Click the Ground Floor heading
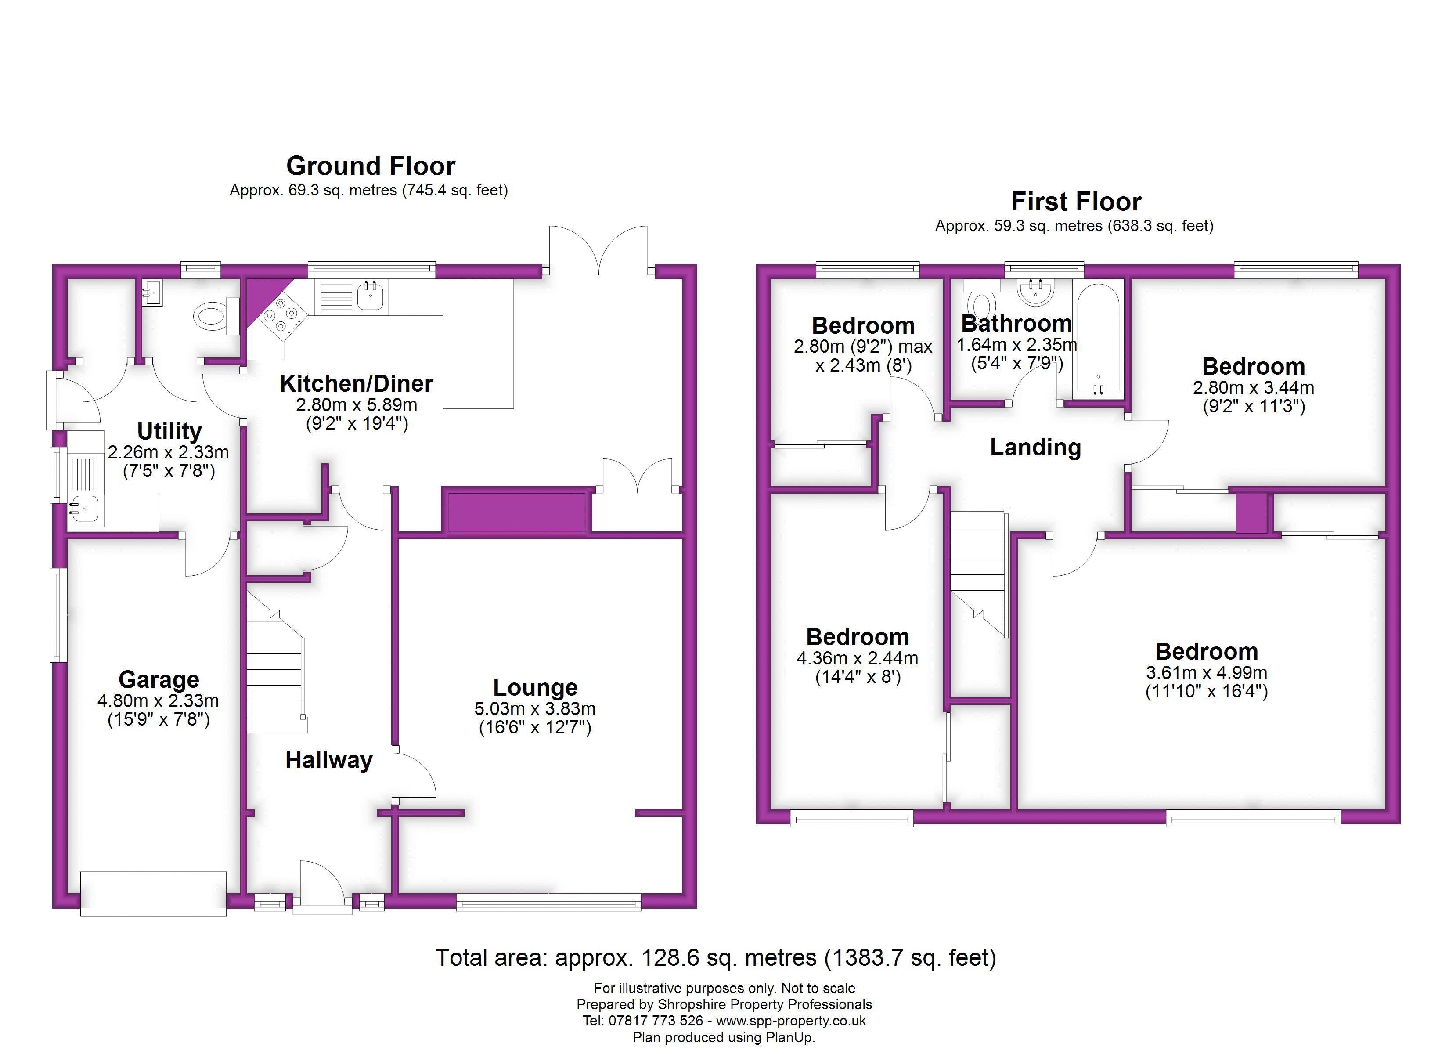(x=371, y=166)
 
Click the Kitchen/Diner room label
(x=357, y=383)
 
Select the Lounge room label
(x=535, y=687)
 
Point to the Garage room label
(x=159, y=679)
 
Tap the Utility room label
(x=169, y=431)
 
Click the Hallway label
(x=329, y=760)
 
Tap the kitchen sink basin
(x=370, y=295)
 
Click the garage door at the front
(x=153, y=894)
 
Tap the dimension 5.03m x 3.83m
(x=535, y=709)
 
